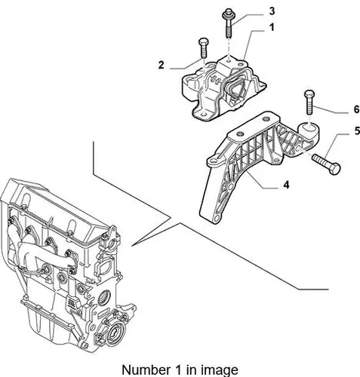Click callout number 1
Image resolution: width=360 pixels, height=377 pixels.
click(x=272, y=27)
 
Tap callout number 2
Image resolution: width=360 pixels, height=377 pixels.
click(x=161, y=65)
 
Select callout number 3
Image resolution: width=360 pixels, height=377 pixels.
click(x=272, y=11)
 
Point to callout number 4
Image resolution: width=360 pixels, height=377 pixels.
click(x=286, y=185)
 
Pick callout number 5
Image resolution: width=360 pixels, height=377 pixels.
click(x=357, y=131)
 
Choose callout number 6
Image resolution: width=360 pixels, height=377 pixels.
click(x=356, y=109)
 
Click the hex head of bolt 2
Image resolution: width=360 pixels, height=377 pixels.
click(x=203, y=41)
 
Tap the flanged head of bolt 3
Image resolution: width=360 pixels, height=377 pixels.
click(x=228, y=14)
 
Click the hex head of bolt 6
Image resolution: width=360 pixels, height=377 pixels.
click(x=309, y=93)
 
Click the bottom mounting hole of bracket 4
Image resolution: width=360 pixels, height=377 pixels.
click(x=217, y=216)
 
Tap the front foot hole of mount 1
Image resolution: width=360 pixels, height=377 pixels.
click(x=202, y=115)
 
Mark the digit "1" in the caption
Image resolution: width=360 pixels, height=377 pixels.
click(x=177, y=370)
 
